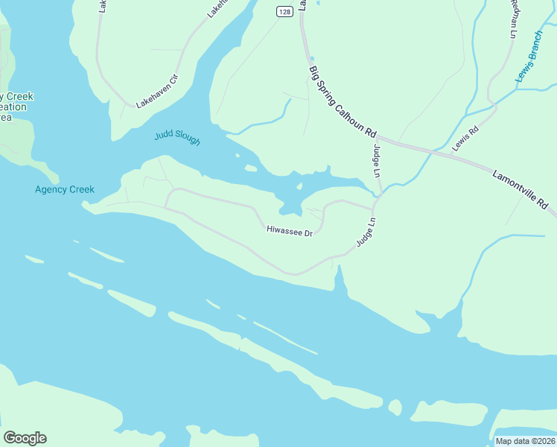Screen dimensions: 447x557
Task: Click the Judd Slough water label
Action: click(x=177, y=138)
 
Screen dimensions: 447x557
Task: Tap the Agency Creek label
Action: click(x=65, y=189)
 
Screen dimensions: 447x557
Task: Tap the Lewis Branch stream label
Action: click(x=530, y=57)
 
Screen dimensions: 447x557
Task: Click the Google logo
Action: click(x=25, y=438)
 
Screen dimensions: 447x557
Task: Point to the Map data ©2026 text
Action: click(x=525, y=441)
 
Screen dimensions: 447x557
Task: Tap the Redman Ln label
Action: click(x=513, y=19)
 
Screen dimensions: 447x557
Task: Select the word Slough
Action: click(x=188, y=139)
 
